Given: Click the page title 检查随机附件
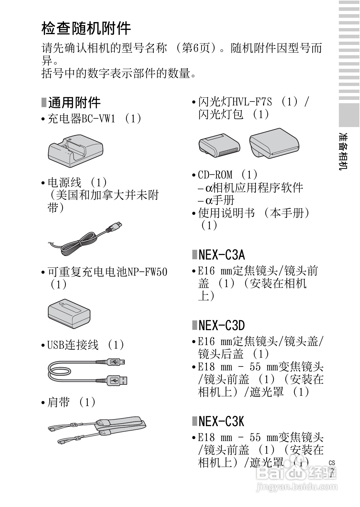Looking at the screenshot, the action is point(86,29).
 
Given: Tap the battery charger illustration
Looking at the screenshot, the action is point(76,151).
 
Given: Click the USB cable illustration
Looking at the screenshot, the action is point(88,372).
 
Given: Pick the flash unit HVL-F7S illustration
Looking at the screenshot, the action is point(219,146).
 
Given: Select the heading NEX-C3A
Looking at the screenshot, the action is point(221,255).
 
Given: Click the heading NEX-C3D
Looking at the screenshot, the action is point(221,326).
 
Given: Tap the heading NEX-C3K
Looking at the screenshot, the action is point(221,421).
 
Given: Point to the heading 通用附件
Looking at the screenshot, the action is point(74,103).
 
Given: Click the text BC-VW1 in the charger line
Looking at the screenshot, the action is point(98,119).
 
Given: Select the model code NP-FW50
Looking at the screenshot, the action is point(147,272).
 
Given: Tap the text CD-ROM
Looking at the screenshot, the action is point(215,175).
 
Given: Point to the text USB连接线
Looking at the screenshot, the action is point(73,345).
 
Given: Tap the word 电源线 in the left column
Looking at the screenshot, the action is point(64,183).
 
